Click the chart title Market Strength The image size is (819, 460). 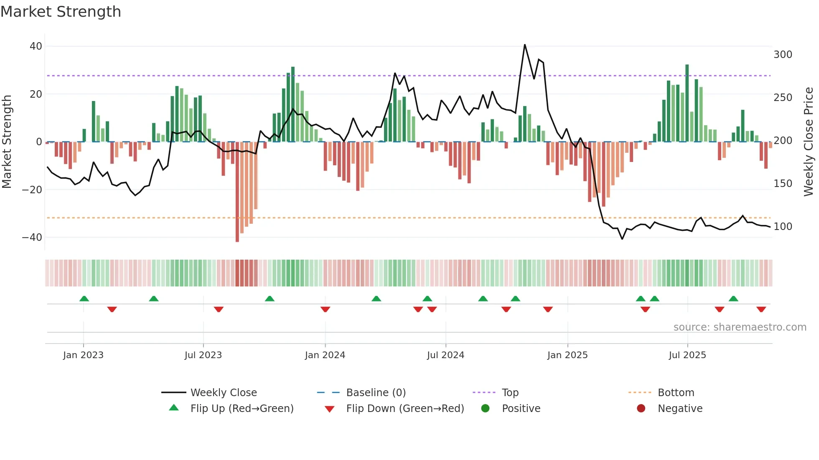(61, 12)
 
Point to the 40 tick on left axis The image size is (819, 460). (36, 46)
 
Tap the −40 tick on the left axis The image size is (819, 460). (32, 238)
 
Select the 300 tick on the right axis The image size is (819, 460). (783, 55)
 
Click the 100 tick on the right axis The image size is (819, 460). (783, 227)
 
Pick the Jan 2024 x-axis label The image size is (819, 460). (325, 355)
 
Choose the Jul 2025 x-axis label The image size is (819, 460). (687, 355)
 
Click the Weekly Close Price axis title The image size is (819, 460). (809, 142)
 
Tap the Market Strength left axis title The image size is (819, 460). (7, 142)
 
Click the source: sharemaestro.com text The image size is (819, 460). (740, 327)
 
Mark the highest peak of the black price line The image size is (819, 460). (525, 45)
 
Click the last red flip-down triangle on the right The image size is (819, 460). (761, 309)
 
